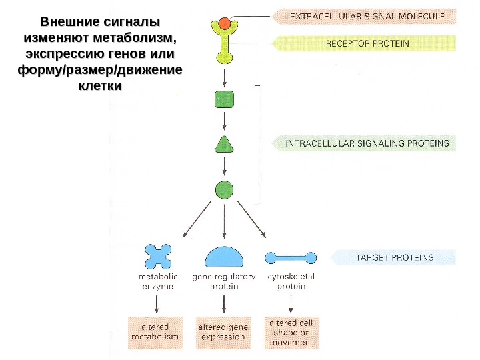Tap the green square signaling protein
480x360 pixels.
(224, 100)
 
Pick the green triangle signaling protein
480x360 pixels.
(224, 145)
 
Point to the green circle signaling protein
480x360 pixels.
(224, 190)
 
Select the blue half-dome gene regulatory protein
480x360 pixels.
(224, 257)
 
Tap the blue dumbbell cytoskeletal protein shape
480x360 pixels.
(290, 257)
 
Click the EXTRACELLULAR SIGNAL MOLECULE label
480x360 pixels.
(363, 15)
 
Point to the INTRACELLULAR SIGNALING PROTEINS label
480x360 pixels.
(367, 143)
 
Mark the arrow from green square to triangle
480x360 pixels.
(224, 121)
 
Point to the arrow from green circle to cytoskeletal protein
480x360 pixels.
(252, 219)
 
